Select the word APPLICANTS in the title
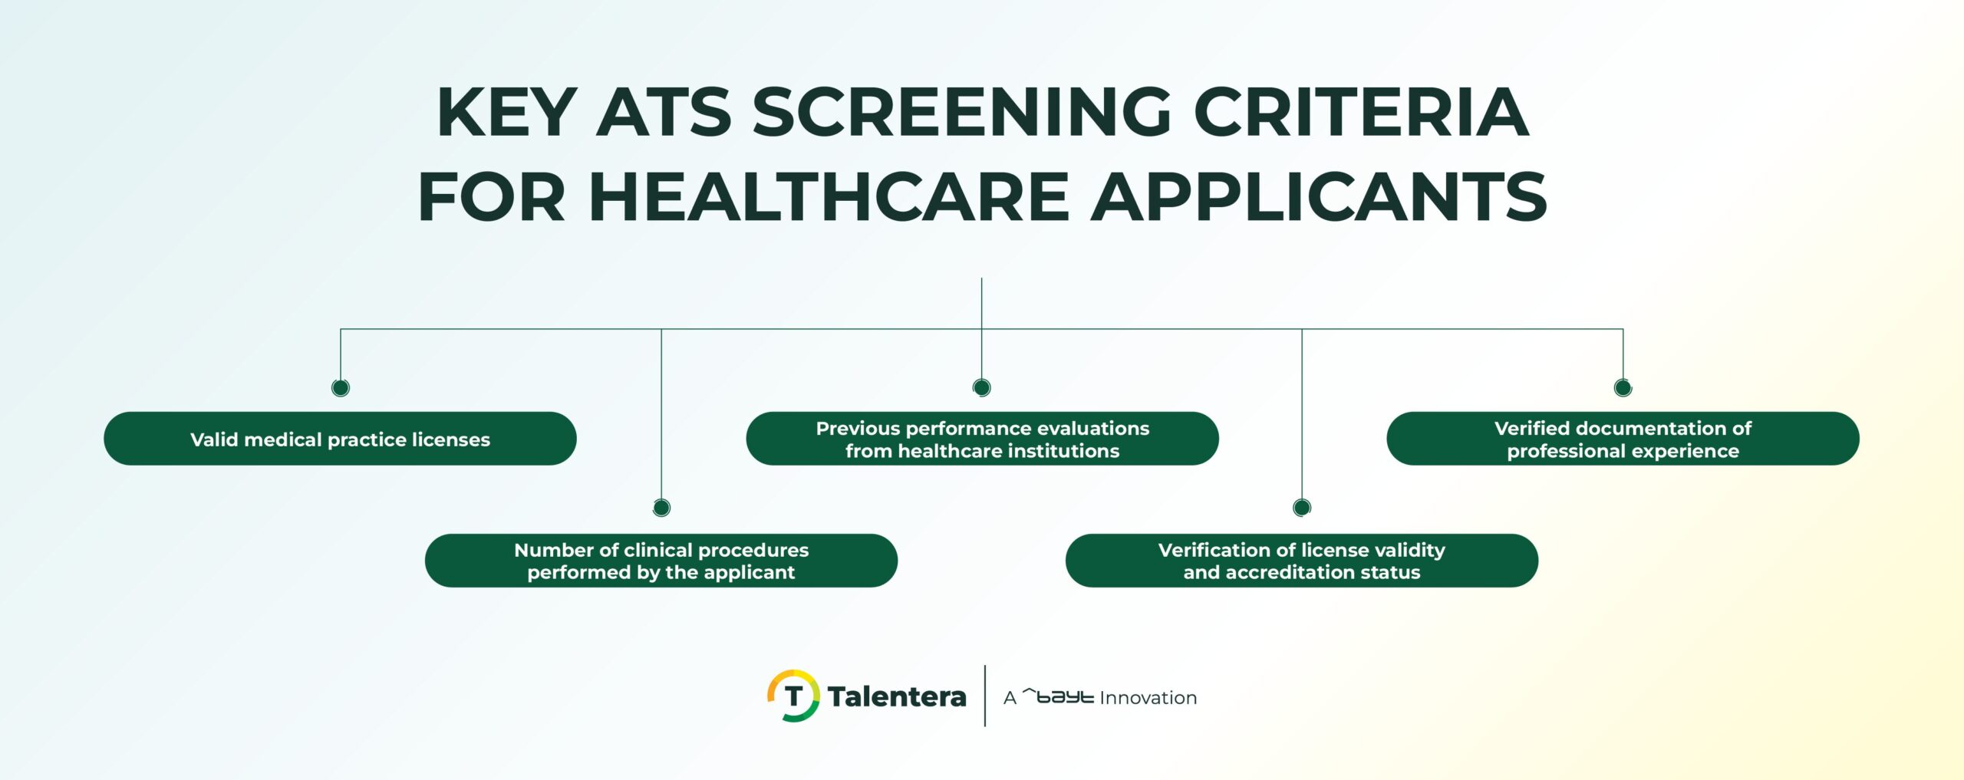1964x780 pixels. (x=1319, y=197)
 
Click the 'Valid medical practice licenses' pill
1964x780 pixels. (x=340, y=439)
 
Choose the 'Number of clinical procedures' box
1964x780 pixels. (x=661, y=561)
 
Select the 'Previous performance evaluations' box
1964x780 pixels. (x=982, y=439)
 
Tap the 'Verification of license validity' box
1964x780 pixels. (x=1301, y=561)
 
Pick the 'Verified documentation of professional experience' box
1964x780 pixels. (x=1623, y=439)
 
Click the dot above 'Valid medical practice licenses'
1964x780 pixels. (x=341, y=387)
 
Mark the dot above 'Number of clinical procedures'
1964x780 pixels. (x=661, y=507)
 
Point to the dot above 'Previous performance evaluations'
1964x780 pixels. (x=982, y=387)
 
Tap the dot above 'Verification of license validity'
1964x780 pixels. (x=1302, y=507)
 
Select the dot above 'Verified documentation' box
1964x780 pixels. (x=1623, y=387)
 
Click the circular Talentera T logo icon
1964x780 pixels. (x=793, y=696)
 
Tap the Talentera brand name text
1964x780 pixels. (x=897, y=697)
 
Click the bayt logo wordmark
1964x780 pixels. (x=1059, y=696)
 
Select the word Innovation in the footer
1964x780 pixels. (x=1148, y=698)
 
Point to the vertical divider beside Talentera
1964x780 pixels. (x=985, y=696)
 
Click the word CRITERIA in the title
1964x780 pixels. (x=1361, y=113)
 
